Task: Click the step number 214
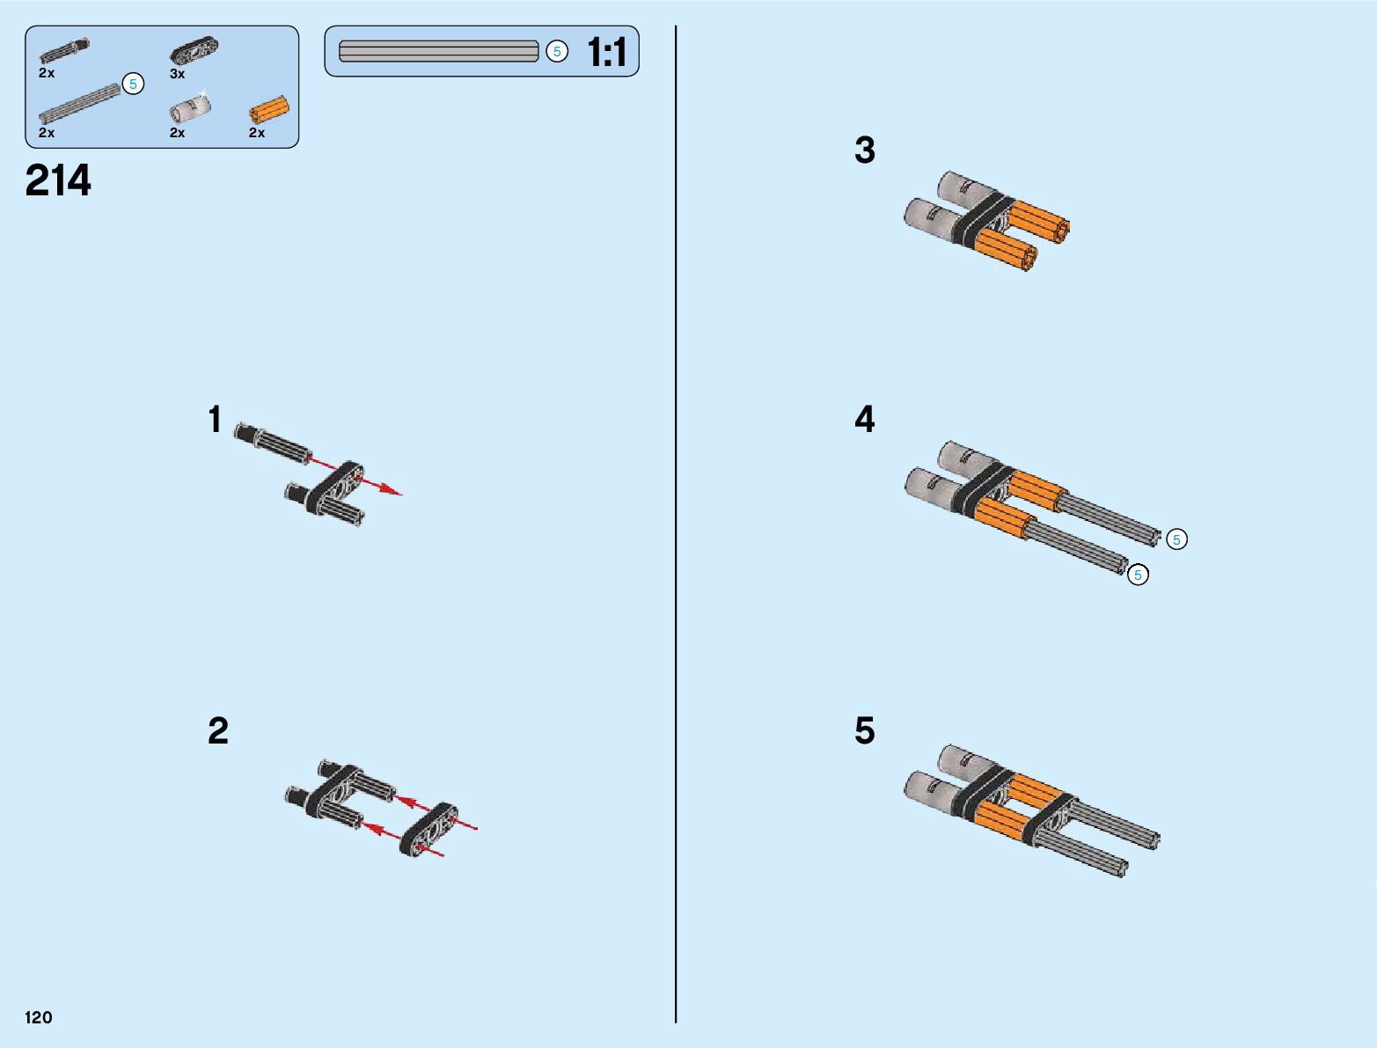pos(58,181)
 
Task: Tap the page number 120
pos(39,1018)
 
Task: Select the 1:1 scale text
pos(607,53)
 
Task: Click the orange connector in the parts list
pos(268,111)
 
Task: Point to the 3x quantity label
pos(178,75)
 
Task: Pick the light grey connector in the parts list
pos(189,110)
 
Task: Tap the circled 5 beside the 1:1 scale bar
pos(557,52)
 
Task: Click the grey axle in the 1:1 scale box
pos(438,52)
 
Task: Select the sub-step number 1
pos(216,421)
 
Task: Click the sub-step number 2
pos(218,731)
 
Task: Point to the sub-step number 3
pos(865,150)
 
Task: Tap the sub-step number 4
pos(865,420)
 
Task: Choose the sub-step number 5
pos(865,731)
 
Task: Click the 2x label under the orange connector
pos(257,133)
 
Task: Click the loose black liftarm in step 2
pos(428,830)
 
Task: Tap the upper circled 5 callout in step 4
pos(1176,539)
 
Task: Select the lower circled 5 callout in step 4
pos(1138,575)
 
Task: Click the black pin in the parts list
pos(64,51)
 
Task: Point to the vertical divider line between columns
pos(676,528)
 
